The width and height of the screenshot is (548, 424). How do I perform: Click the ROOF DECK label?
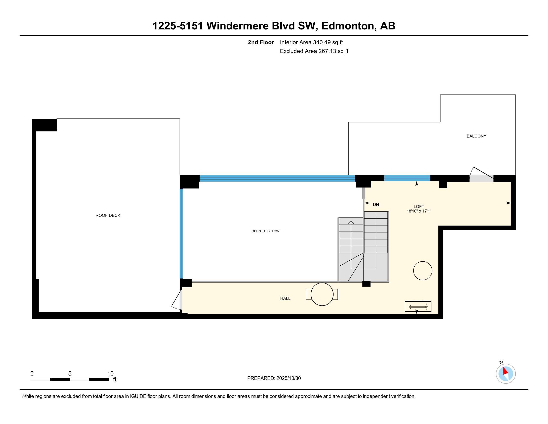coord(108,215)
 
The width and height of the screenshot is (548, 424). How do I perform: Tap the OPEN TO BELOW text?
coord(265,231)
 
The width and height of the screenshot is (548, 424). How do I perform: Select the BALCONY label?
coord(476,136)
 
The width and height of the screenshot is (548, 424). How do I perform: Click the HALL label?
coord(285,298)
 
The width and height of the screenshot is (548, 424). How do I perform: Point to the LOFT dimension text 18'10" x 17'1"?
coord(419,211)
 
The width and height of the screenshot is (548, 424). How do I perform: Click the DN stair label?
coord(376,205)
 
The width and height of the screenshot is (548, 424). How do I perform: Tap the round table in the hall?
coord(322,294)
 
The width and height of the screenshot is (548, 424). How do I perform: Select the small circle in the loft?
coord(422,271)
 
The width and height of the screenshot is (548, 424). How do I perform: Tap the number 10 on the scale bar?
coord(110,374)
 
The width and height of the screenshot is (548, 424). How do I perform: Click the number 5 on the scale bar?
coord(70,374)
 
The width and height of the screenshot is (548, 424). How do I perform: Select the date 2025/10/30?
coord(288,378)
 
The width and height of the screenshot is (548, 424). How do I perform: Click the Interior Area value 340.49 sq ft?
coord(328,42)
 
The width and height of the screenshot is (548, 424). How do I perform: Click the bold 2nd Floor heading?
coord(261,42)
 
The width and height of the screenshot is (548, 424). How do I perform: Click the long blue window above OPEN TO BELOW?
coord(277,178)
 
